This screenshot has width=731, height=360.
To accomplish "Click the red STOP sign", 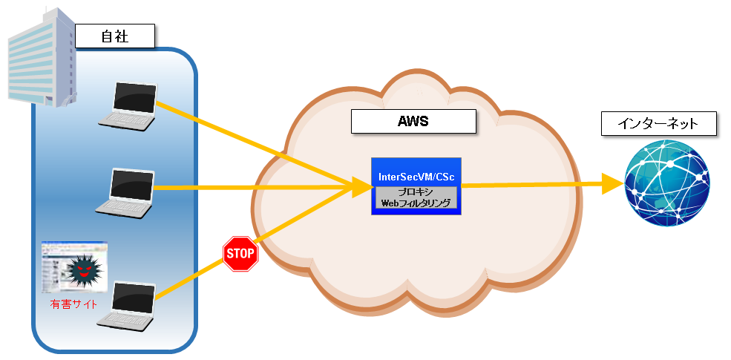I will point(240,254).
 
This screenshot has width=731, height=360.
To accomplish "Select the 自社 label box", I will point(114,36).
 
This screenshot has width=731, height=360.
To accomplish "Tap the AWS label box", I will point(413,122).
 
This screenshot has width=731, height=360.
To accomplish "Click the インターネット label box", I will point(659,123).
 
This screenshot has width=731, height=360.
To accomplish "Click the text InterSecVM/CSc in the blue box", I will point(416,177).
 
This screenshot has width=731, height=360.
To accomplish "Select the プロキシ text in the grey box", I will point(416,192).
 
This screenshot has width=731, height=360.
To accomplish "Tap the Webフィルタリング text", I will point(416,202).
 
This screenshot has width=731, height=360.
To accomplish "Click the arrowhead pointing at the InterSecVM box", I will point(361,187).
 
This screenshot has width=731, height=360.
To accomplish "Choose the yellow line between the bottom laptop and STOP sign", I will point(189,278).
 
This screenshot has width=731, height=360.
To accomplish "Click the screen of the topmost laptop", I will point(134,96).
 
